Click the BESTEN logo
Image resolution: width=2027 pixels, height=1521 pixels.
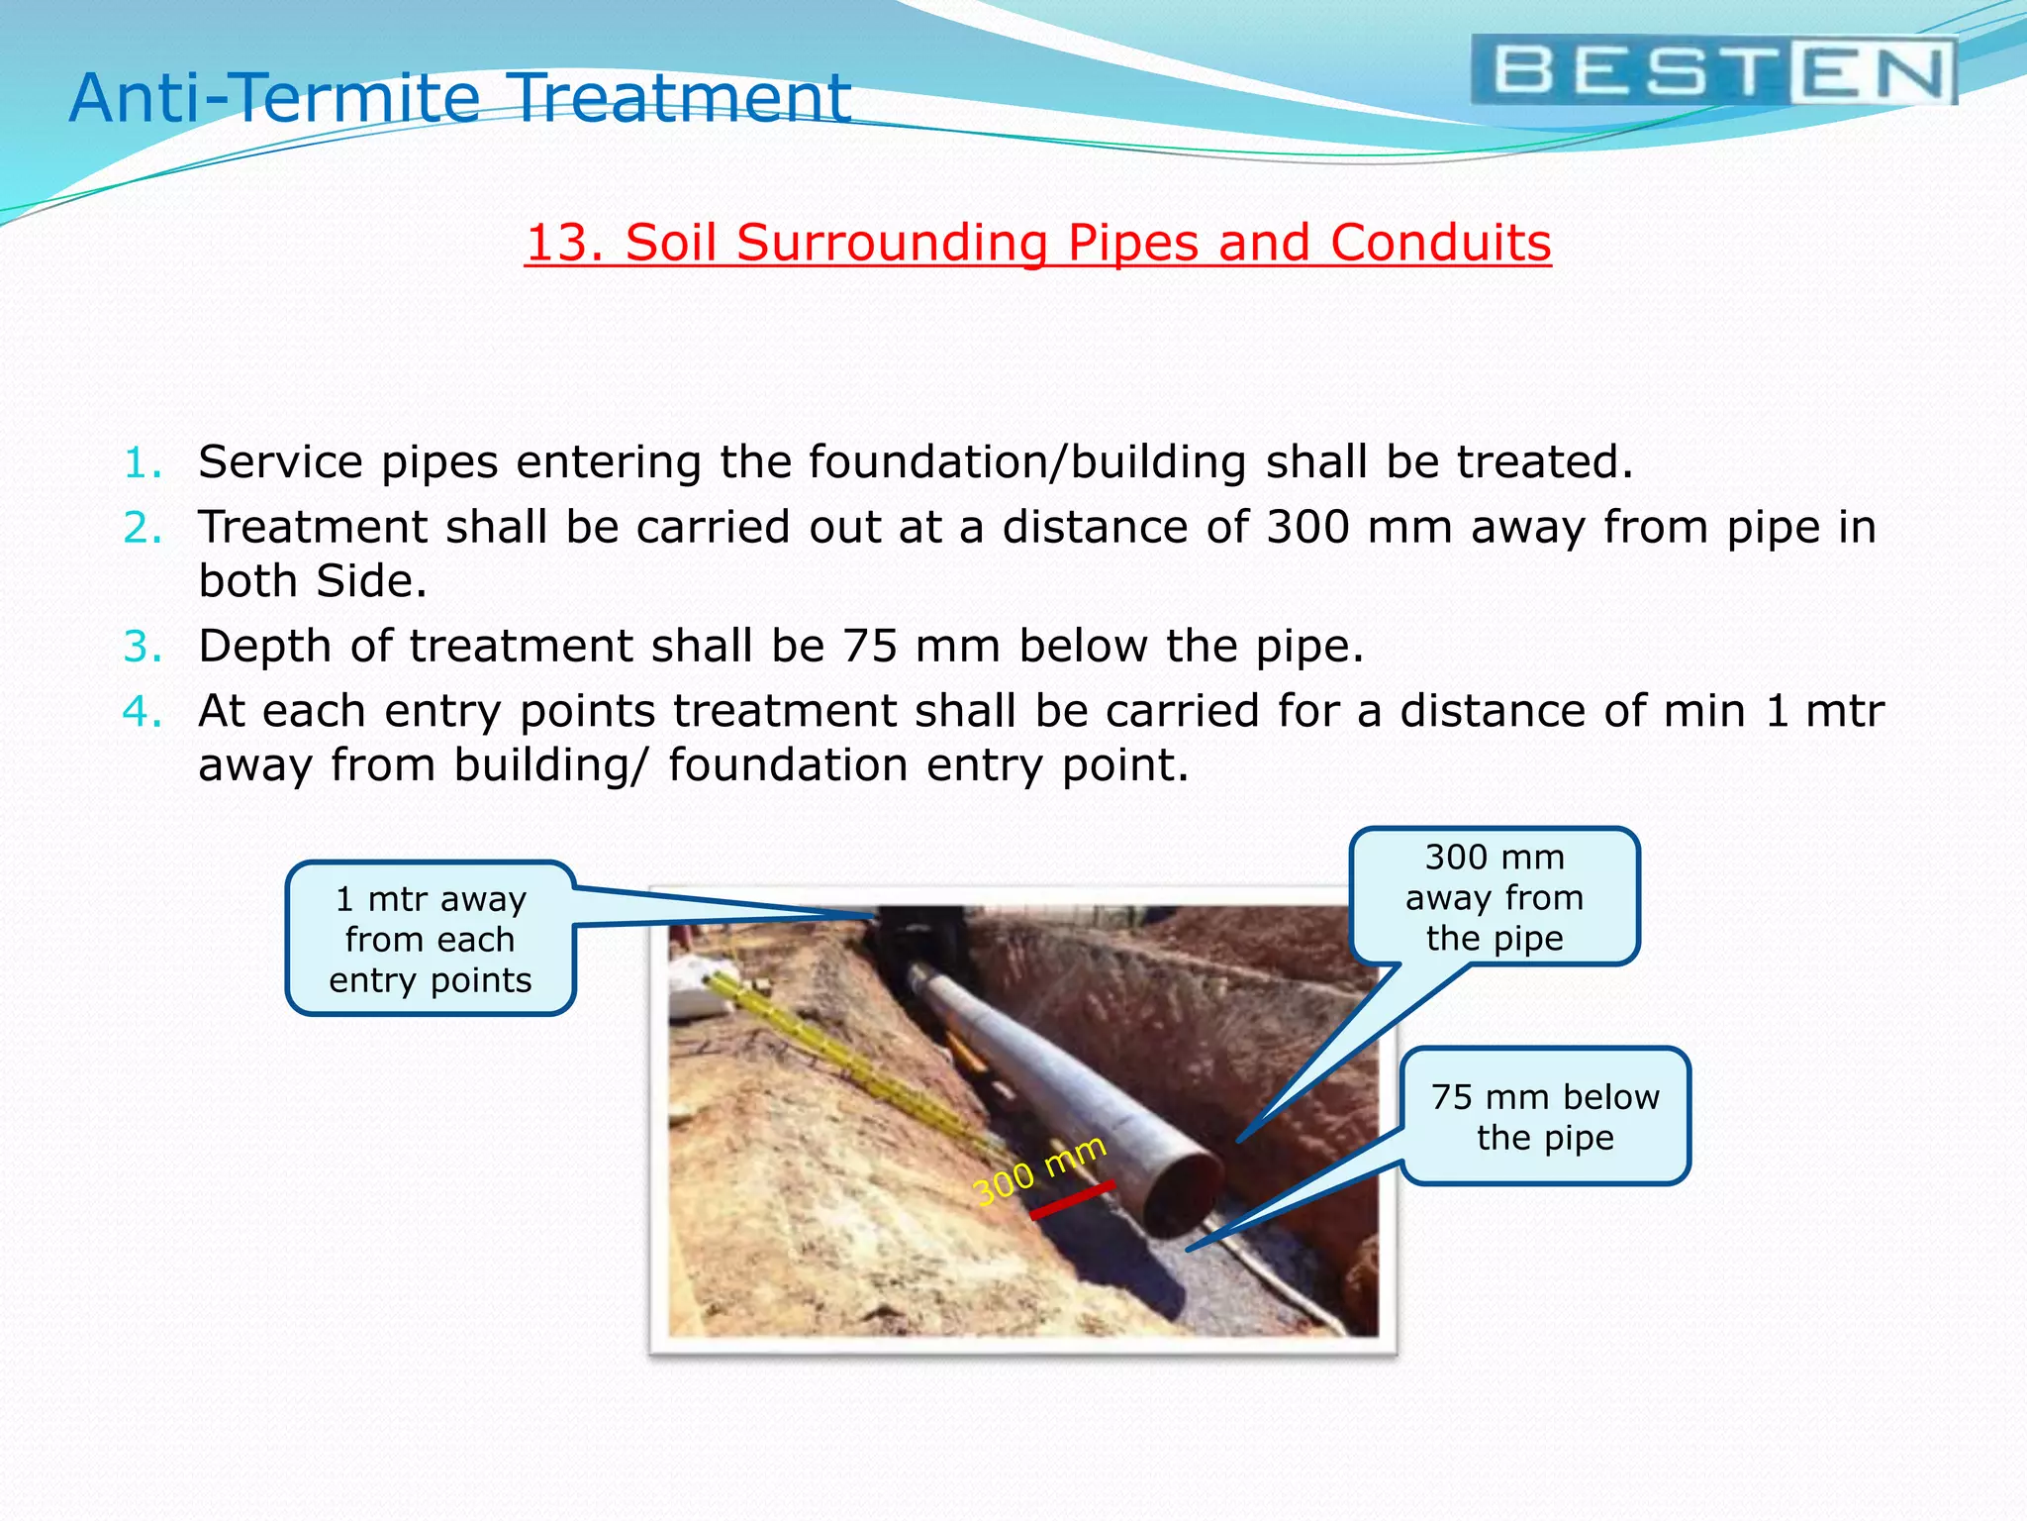coord(1713,70)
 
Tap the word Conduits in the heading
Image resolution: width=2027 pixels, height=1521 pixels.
coord(1440,243)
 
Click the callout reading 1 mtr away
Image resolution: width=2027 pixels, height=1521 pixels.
coord(431,939)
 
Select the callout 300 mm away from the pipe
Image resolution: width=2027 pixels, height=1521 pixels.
coord(1495,897)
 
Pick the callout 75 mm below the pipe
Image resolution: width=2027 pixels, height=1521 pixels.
coord(1545,1117)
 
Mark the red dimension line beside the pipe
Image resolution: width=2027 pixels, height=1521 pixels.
coord(1072,1199)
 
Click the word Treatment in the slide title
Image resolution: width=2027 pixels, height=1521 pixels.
coord(682,98)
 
